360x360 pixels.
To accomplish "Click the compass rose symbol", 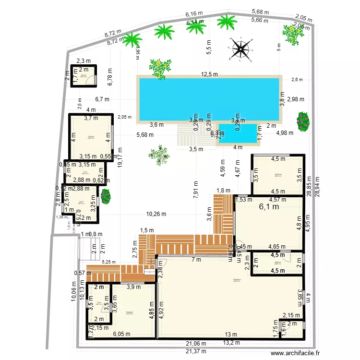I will click(241, 49).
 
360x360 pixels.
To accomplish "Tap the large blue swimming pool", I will click(209, 98).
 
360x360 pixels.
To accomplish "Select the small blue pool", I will click(238, 133).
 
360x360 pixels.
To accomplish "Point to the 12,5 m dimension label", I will click(209, 74).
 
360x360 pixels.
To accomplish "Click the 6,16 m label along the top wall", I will click(194, 15).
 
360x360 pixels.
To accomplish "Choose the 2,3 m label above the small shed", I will click(83, 61).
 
